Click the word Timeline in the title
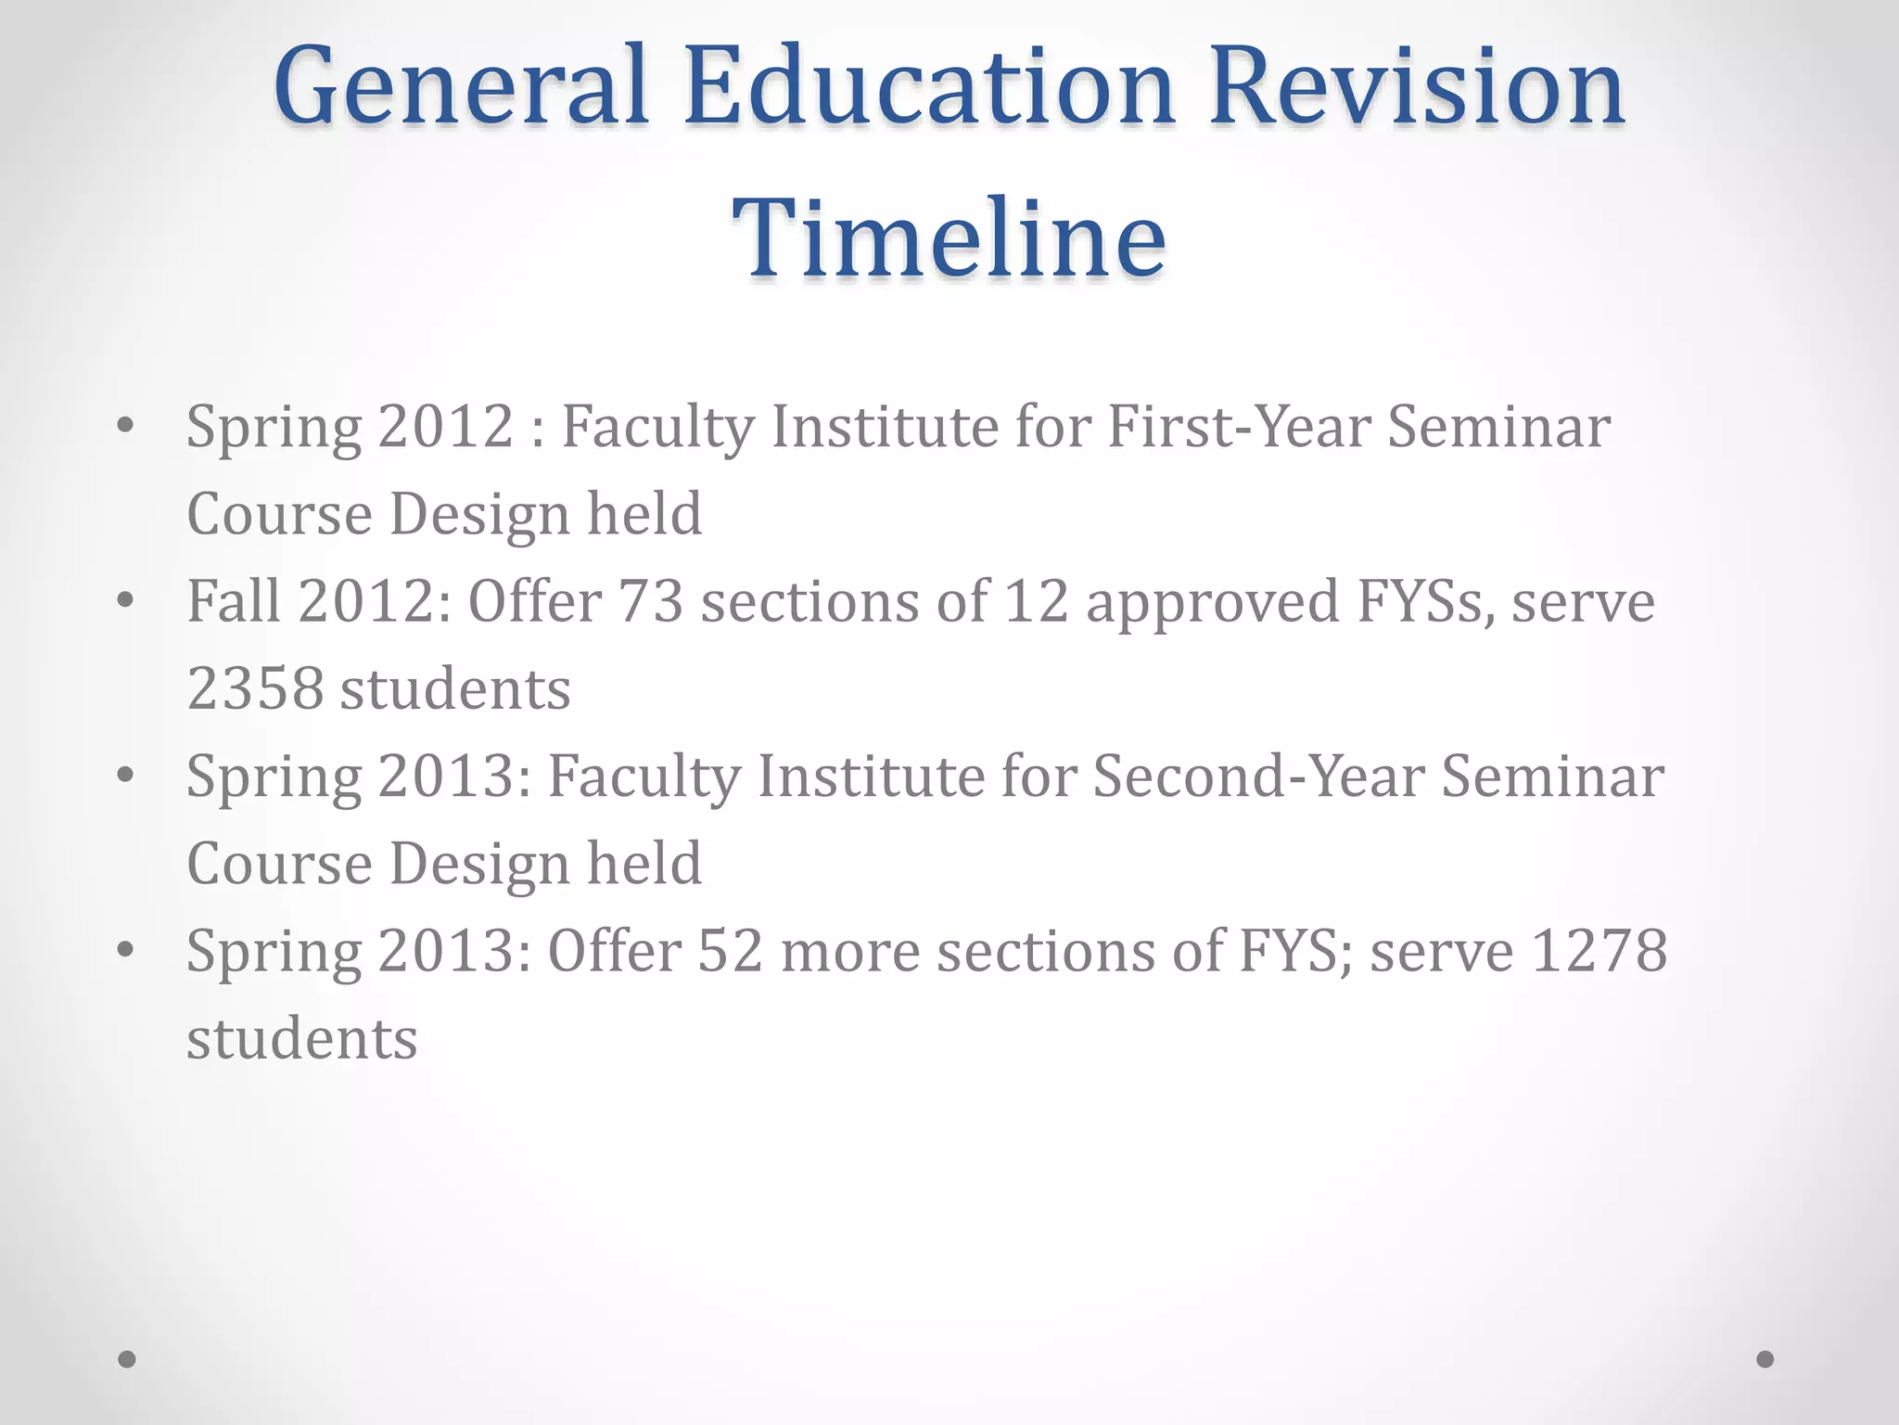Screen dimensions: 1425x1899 [x=949, y=238]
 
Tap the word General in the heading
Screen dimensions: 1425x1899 [x=460, y=87]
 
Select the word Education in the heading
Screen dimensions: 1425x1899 [x=930, y=87]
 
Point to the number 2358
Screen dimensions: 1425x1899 [x=255, y=689]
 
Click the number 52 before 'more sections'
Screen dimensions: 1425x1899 [x=731, y=951]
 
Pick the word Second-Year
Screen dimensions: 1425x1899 [x=1258, y=776]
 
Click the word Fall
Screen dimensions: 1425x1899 [x=234, y=601]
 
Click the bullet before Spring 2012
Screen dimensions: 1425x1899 [x=126, y=426]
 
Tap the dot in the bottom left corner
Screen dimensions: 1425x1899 [x=127, y=1359]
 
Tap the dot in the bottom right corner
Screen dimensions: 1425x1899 [x=1765, y=1359]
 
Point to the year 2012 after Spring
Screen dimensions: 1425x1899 [x=446, y=427]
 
